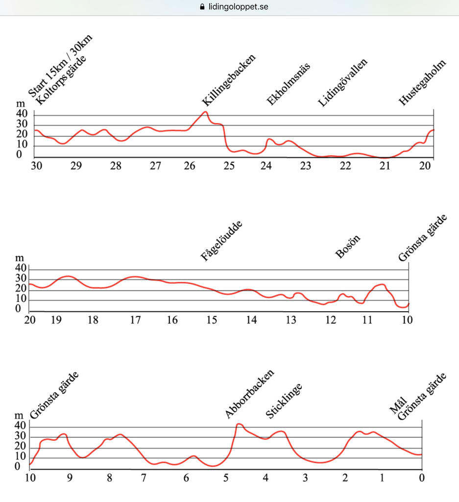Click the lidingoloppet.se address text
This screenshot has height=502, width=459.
click(x=237, y=7)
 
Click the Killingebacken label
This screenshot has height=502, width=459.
click(x=229, y=81)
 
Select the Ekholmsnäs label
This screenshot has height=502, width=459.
click(x=289, y=84)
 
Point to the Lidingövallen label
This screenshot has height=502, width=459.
click(x=342, y=83)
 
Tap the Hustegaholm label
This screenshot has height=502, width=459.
click(x=423, y=83)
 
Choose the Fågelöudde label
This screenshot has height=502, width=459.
click(x=222, y=241)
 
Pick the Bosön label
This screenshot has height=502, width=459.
click(x=348, y=247)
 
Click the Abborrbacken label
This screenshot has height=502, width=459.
click(x=249, y=394)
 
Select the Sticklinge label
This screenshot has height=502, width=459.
click(x=284, y=401)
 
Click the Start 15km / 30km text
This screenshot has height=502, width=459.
click(x=60, y=67)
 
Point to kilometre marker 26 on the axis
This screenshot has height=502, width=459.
click(x=190, y=166)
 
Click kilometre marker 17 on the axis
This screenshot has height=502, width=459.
click(x=135, y=320)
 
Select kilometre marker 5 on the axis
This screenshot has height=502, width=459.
click(x=226, y=478)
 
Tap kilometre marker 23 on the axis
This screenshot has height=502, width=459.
click(x=305, y=166)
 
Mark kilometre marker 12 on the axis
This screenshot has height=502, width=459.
click(x=331, y=320)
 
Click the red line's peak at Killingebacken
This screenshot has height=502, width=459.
click(x=205, y=112)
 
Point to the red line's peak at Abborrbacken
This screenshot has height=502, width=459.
click(x=239, y=424)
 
